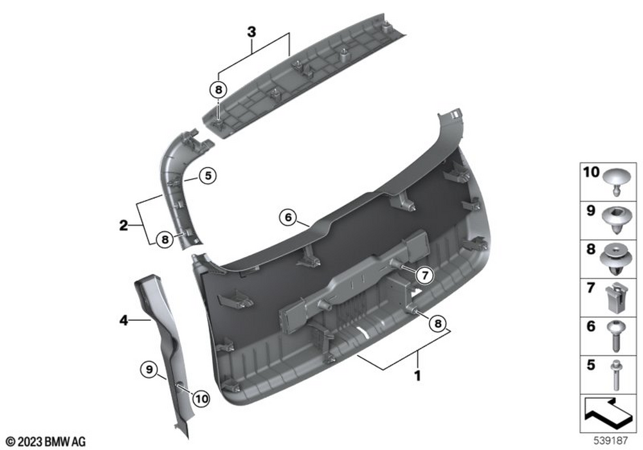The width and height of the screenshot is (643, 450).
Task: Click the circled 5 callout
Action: (x=208, y=175)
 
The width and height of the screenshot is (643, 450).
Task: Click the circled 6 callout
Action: (x=288, y=217)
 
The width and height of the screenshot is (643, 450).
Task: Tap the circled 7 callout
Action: (x=425, y=275)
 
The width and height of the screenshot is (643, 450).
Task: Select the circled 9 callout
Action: (x=149, y=370)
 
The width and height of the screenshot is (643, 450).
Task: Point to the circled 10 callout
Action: (x=201, y=399)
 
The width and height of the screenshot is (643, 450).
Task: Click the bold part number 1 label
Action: (x=417, y=375)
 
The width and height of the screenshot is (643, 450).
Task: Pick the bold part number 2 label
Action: (x=123, y=225)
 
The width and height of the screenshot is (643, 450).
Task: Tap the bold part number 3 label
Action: (x=251, y=32)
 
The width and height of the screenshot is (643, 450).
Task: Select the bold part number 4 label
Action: (x=124, y=320)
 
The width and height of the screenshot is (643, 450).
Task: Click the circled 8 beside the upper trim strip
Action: (x=218, y=89)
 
